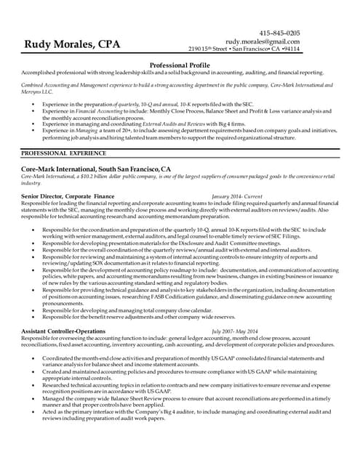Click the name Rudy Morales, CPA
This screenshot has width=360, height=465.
(73, 44)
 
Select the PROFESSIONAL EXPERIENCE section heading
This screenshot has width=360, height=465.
(64, 153)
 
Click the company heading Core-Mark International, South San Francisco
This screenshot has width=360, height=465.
(96, 169)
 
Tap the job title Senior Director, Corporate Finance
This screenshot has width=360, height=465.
(68, 196)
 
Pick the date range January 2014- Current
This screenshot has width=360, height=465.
(236, 196)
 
